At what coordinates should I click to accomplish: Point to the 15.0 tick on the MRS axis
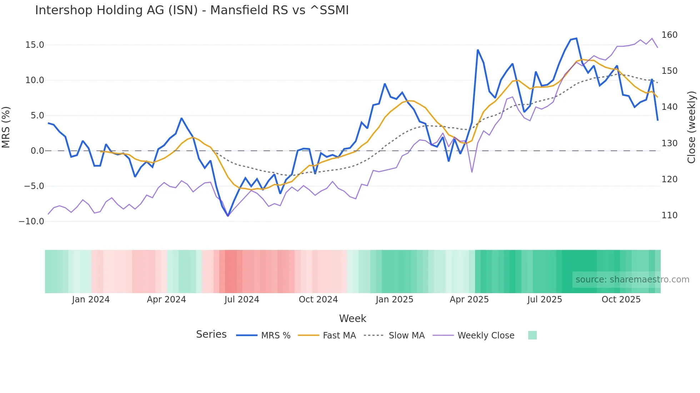34,45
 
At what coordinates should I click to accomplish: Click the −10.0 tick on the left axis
31,221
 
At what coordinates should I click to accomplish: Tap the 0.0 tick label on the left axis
37,151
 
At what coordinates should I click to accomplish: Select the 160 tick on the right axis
669,35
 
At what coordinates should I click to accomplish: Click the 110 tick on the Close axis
669,215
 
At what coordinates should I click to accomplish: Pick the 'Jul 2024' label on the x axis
241,300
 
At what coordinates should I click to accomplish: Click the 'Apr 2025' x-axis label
469,300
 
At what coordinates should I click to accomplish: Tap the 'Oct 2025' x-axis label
621,300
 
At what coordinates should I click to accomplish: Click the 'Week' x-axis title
352,318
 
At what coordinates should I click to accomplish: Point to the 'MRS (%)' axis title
6,127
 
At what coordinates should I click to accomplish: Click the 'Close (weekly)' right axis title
691,127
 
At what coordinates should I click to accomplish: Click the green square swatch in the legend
532,335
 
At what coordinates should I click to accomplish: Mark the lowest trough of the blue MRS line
228,216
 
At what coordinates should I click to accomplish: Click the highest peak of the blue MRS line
576,39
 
